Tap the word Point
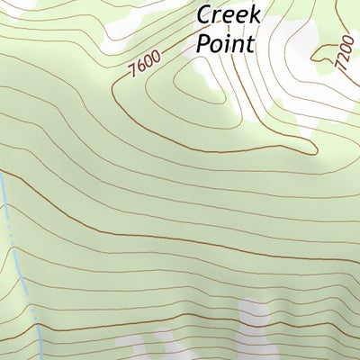click(225, 43)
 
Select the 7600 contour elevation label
click(144, 66)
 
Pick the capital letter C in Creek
click(205, 15)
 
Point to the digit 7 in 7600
click(132, 72)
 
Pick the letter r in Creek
click(217, 16)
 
